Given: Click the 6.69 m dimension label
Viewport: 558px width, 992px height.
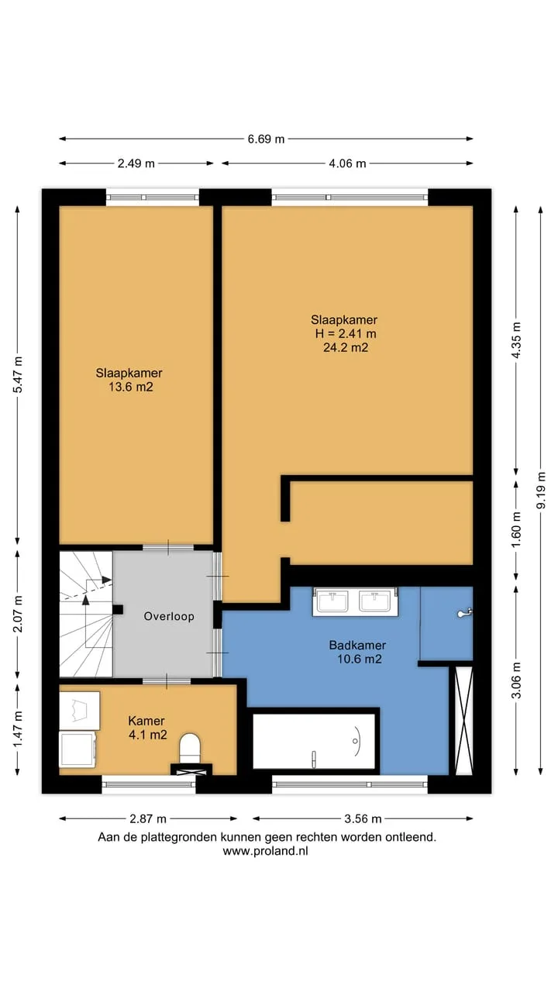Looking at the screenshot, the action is [x=266, y=139].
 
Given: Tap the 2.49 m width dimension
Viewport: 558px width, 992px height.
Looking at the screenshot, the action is [x=136, y=164].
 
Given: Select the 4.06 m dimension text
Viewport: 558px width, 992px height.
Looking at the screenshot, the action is [x=347, y=164].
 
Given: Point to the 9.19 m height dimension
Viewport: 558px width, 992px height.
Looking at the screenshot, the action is [x=541, y=490].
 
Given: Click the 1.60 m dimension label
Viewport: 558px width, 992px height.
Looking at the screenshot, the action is [x=516, y=529].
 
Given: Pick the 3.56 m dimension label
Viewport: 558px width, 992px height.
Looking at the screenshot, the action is [x=363, y=819].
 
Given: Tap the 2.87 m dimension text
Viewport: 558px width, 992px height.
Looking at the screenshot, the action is [x=148, y=819].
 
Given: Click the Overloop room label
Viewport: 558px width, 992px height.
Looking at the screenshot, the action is [x=169, y=616].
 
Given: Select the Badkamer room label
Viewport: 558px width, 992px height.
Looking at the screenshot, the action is [x=357, y=645].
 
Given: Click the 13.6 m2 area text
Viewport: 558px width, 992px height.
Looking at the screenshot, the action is [x=131, y=387].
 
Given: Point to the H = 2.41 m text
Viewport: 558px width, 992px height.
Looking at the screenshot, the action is [x=346, y=333].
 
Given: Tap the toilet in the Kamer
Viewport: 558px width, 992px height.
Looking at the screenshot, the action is [x=190, y=748].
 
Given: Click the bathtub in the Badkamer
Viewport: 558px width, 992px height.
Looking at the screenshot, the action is [x=314, y=741].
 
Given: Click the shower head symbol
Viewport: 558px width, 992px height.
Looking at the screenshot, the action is [x=464, y=613].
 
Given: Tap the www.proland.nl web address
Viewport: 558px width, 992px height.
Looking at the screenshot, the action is [x=265, y=851].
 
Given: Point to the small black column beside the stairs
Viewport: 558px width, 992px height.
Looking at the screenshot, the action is [x=118, y=610].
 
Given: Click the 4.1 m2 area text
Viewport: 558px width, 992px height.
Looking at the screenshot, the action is [x=148, y=735].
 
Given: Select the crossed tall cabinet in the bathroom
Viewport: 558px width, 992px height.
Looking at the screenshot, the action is [x=464, y=721].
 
